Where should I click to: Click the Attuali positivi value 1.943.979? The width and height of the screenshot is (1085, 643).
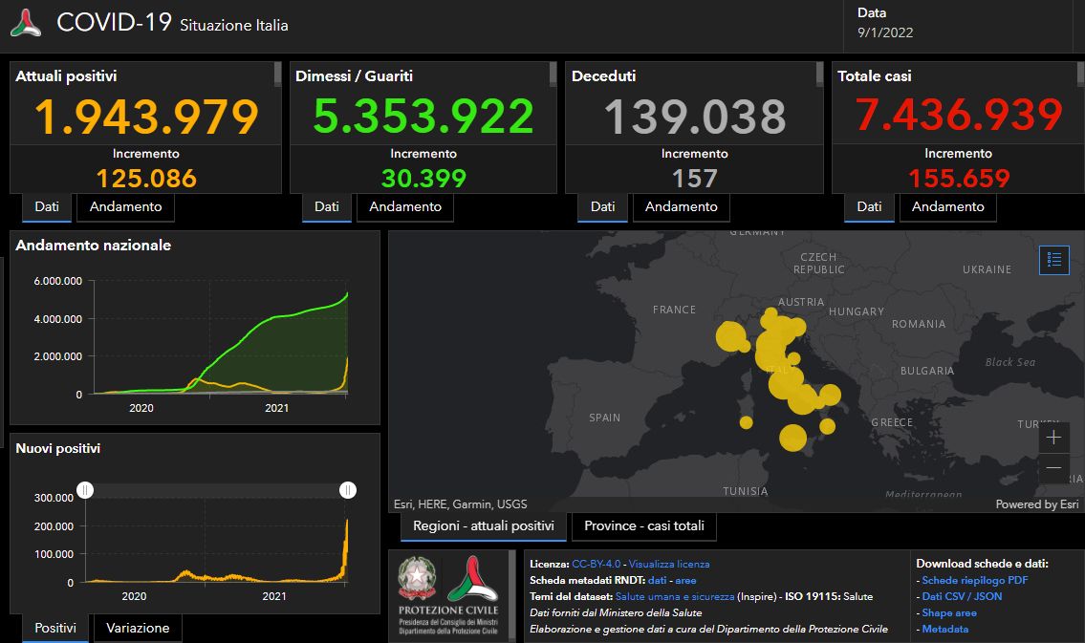coord(146,117)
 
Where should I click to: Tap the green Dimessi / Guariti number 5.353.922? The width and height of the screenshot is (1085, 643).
coord(423,117)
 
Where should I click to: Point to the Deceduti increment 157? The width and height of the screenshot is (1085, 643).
coord(694,178)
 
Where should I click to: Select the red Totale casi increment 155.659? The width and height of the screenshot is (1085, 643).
coord(959,178)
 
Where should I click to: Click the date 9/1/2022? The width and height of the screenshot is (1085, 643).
coord(885,32)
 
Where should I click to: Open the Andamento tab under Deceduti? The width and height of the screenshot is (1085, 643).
coord(682,206)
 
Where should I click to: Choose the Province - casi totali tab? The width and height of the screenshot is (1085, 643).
coord(643,525)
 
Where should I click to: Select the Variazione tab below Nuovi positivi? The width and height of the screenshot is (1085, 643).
coord(138,628)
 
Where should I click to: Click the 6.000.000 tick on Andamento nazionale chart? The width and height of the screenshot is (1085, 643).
coord(57,281)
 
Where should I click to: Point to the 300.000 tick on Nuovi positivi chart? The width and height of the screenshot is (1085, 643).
coord(53,498)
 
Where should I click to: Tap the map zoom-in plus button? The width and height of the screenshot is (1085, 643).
coord(1053,438)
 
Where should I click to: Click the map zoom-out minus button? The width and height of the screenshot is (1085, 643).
coord(1053,467)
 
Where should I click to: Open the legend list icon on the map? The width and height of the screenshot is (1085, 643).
coord(1054,259)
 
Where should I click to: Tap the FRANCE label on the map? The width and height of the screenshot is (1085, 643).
coord(674,310)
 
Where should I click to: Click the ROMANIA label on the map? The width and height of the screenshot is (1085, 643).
coord(918,324)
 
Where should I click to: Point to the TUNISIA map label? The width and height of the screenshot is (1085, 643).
coord(746,491)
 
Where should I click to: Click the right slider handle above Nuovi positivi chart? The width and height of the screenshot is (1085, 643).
coord(348,490)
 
